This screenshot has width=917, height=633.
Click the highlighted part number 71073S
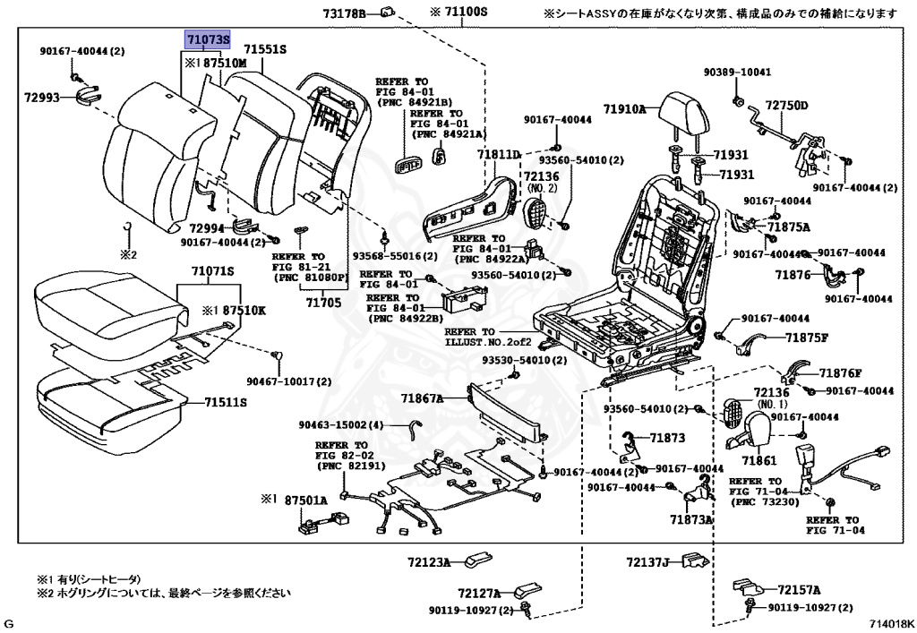point(208,40)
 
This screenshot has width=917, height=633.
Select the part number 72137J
point(648,562)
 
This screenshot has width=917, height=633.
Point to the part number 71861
point(758,460)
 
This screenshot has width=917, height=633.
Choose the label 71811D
point(498,155)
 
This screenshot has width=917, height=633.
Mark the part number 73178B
point(345,13)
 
